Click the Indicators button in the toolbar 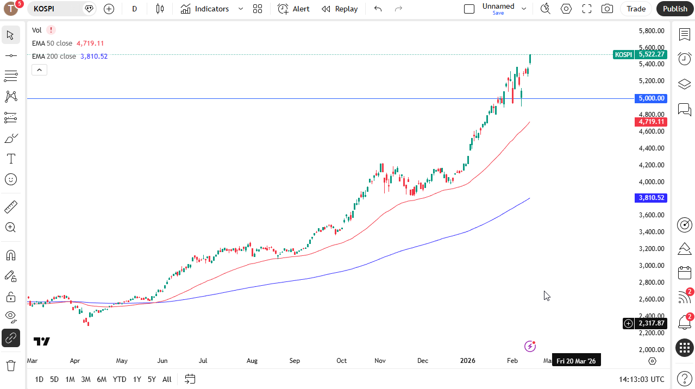pos(205,9)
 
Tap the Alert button pos(293,9)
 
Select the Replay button pos(340,9)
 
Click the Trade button pos(636,9)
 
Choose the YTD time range pos(120,379)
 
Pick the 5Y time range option pos(152,379)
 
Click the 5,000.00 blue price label pos(651,98)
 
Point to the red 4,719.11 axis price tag pos(651,122)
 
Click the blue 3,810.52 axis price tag pos(651,198)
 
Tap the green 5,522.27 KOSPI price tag pos(640,54)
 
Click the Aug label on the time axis pos(252,361)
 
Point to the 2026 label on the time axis pos(467,361)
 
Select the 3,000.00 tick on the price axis pos(652,266)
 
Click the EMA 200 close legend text pos(54,56)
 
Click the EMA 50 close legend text pos(52,43)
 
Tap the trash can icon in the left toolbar pos(11,366)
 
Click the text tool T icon pos(11,159)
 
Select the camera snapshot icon pos(607,9)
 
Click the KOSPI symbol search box pos(56,9)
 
